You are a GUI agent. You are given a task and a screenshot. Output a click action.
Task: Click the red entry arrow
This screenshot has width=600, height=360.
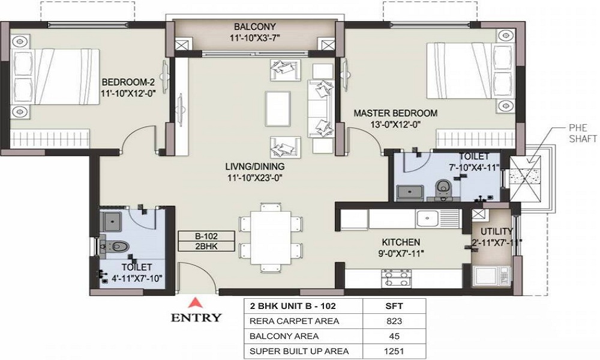click(194, 301)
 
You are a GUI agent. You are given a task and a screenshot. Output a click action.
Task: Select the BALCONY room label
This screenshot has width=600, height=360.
click(254, 26)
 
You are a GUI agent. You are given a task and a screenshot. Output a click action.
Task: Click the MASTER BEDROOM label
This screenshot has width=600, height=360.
click(395, 113)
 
